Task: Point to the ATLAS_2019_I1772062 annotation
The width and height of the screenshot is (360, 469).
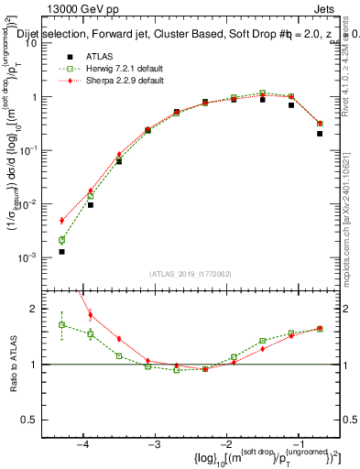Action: (191, 274)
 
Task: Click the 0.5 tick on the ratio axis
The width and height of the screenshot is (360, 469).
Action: (38, 420)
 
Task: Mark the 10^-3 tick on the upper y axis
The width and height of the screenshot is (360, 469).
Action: (37, 258)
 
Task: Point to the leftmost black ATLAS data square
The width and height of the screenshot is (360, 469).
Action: (61, 251)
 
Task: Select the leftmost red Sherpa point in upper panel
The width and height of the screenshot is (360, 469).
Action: (61, 221)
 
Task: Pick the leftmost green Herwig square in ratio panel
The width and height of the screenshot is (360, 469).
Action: (61, 324)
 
